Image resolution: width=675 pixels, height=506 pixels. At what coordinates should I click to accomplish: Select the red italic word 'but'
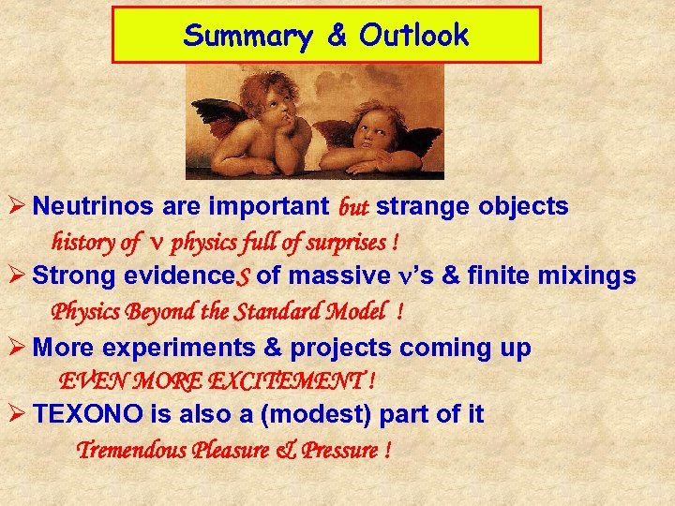(352, 206)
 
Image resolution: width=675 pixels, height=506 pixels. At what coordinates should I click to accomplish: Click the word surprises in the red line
(347, 243)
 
